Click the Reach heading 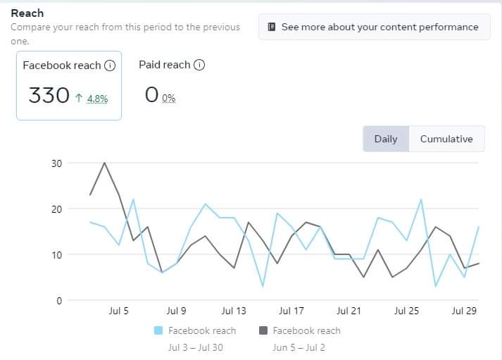coord(27,13)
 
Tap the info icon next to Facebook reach coord(109,66)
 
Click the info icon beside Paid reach coord(199,65)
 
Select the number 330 coord(49,95)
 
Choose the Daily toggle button coord(386,139)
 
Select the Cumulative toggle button coord(446,139)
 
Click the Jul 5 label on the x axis coord(118,311)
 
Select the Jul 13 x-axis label coord(234,311)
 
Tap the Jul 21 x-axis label coord(349,311)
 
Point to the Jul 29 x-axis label coord(464,311)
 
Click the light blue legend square coord(158,330)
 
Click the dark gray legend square coord(263,330)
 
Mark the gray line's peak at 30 coord(104,163)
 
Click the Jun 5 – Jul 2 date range coord(299,347)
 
